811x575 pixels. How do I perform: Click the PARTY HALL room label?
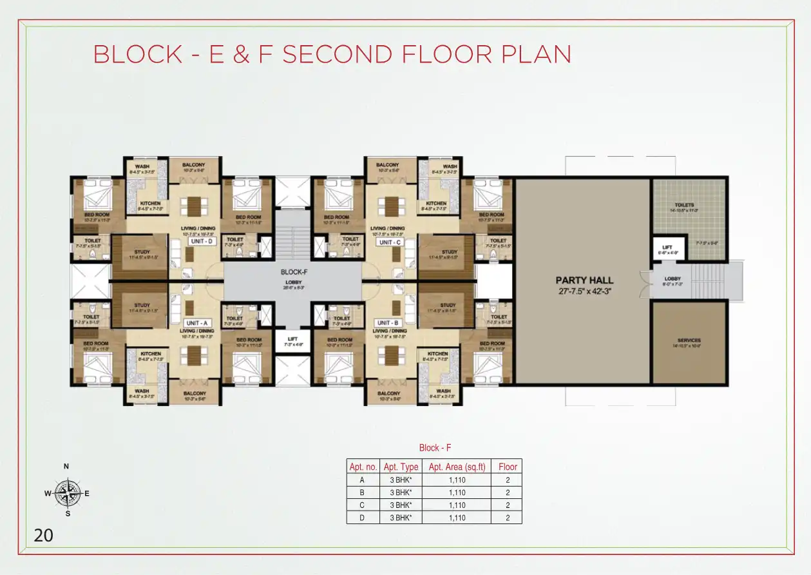(x=584, y=280)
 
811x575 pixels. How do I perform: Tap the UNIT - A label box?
(x=198, y=323)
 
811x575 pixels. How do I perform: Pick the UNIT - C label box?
(x=389, y=242)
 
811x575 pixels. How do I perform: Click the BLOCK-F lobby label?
(x=294, y=273)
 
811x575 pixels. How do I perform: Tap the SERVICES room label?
(x=689, y=340)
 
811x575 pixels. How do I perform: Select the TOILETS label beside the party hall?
(x=685, y=205)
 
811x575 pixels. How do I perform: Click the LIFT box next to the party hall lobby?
(x=665, y=248)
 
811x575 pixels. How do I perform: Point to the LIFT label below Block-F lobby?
(x=292, y=340)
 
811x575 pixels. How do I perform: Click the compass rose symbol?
(x=67, y=494)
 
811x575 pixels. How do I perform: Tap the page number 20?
(x=44, y=535)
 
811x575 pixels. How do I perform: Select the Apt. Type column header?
(x=401, y=467)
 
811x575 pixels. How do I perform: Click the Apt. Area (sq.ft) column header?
(x=457, y=467)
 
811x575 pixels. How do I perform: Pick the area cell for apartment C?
(x=457, y=505)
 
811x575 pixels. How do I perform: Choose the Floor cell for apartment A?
(x=508, y=480)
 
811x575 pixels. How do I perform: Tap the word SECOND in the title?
(x=337, y=55)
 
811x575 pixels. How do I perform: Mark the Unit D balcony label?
(x=193, y=166)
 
